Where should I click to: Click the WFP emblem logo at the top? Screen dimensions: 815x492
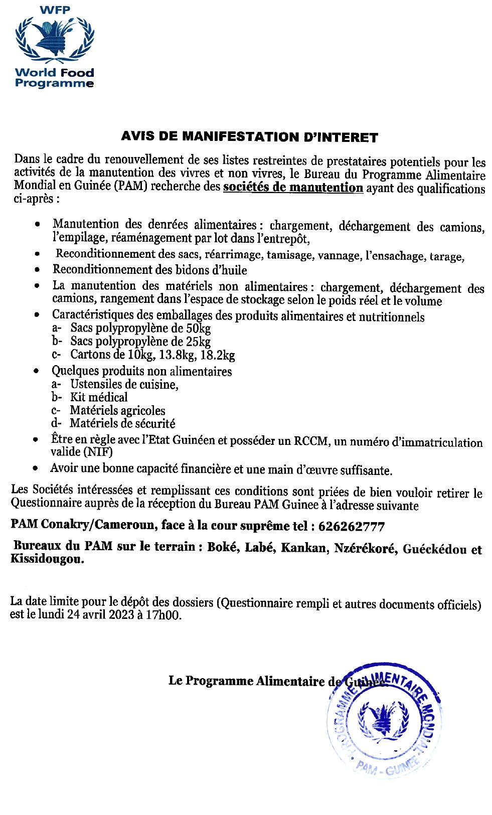(x=54, y=39)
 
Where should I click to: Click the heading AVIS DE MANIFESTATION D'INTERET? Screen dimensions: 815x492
(x=249, y=136)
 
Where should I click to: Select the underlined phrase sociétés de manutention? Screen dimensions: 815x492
(x=293, y=188)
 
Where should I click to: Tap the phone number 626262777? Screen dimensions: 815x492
(x=351, y=527)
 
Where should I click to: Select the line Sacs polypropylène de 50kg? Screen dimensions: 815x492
(x=140, y=329)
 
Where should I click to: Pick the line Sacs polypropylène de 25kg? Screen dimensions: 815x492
(x=140, y=342)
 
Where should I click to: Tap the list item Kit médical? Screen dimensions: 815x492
(x=99, y=397)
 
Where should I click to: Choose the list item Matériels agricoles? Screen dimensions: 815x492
(x=117, y=410)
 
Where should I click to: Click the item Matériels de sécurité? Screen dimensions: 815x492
(x=122, y=423)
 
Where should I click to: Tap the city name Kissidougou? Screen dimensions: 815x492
(x=47, y=560)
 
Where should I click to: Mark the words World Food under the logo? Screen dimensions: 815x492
(x=54, y=73)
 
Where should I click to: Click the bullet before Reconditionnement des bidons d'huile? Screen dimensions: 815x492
(x=37, y=270)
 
